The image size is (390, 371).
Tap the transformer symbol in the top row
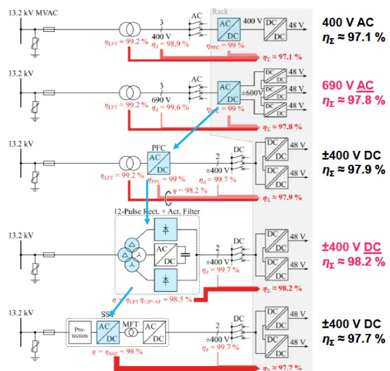pos(130,29)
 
